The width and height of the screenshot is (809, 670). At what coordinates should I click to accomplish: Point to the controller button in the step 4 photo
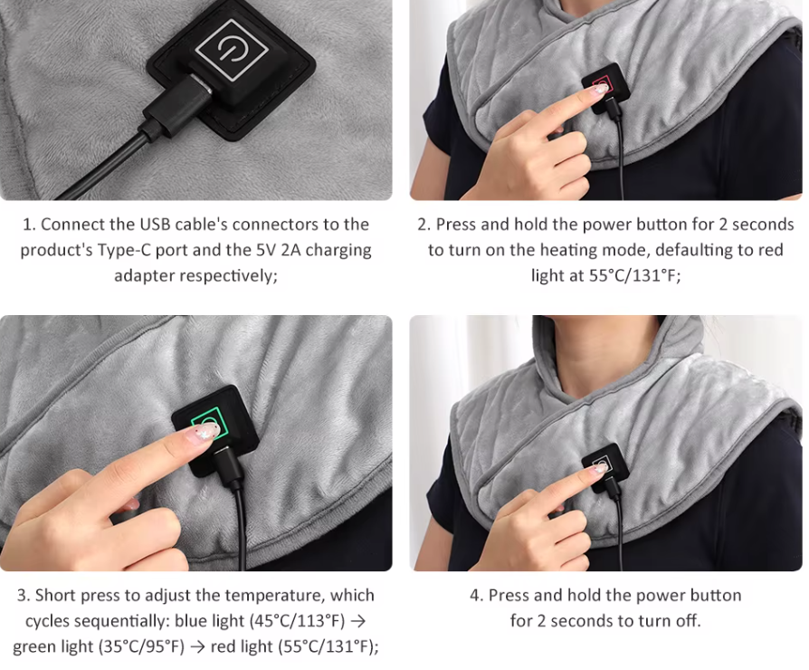click(604, 465)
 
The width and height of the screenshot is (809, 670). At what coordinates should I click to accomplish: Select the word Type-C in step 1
click(124, 251)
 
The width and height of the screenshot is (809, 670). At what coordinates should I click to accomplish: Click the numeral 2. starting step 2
click(424, 225)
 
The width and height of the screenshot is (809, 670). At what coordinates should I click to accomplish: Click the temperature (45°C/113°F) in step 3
click(297, 621)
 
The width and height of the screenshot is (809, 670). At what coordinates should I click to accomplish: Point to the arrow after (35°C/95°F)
click(197, 647)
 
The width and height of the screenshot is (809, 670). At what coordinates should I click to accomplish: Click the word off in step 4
click(689, 620)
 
